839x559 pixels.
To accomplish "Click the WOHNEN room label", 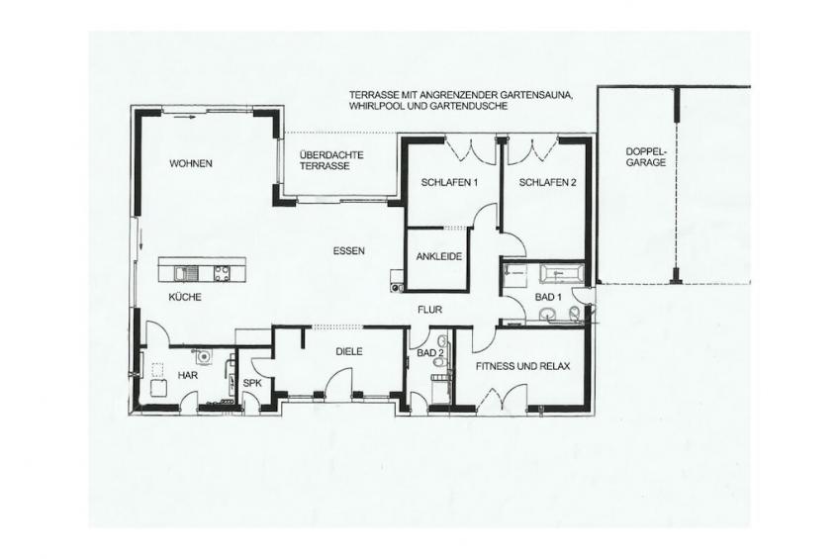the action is point(191,163).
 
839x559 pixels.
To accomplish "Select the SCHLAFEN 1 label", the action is point(449,182).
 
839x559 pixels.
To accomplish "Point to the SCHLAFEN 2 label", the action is point(547,182).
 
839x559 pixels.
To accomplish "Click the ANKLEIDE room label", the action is point(438,257).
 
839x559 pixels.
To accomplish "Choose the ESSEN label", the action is point(349,250).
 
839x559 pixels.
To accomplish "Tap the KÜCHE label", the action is point(185,297).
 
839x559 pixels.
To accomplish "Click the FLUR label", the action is point(429,310).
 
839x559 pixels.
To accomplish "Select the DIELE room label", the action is point(349,351).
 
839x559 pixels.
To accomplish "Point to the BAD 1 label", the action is point(548,297).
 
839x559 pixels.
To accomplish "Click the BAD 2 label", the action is point(430,352).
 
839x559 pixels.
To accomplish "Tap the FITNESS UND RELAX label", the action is point(522,366).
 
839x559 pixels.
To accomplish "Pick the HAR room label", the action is point(188,376).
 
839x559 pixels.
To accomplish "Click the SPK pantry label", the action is point(251,383).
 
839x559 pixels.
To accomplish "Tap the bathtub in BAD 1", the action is point(560,274).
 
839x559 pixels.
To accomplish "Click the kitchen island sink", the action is point(187,274).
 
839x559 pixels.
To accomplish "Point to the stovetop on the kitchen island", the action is point(223,274).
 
